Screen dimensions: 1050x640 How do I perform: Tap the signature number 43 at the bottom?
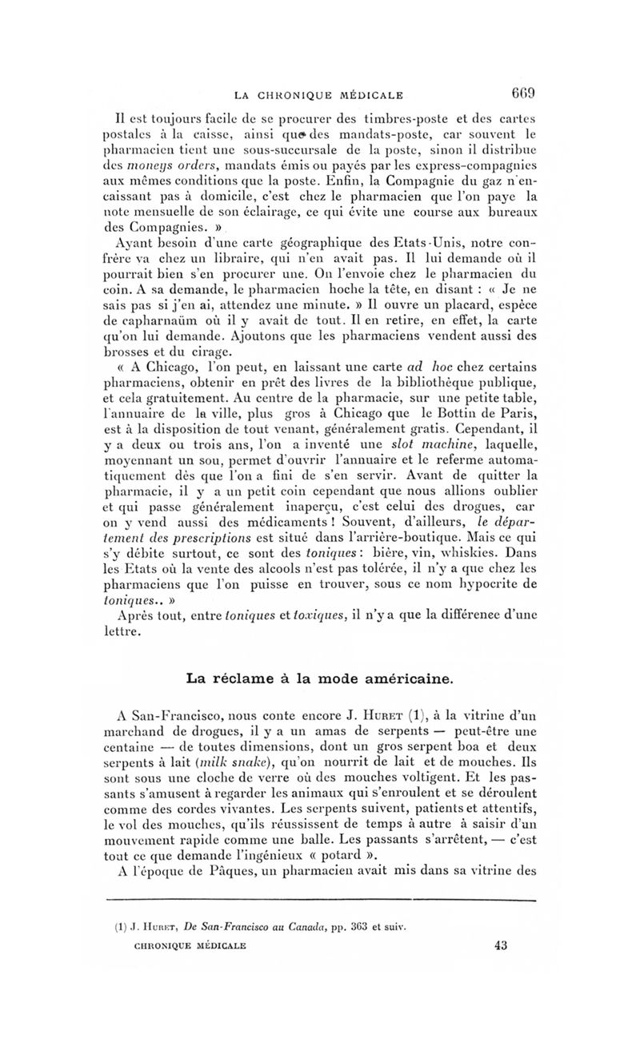click(502, 945)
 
